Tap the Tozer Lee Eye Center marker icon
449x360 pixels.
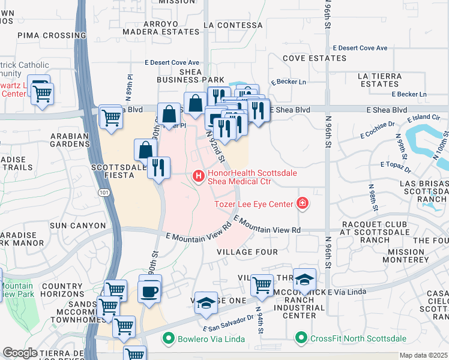tap(303, 204)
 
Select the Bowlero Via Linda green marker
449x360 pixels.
tap(170, 338)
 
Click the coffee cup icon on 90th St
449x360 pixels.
tap(149, 292)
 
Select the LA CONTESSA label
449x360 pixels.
tap(233, 25)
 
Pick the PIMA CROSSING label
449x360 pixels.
tap(44, 35)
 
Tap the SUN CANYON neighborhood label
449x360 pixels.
tap(74, 225)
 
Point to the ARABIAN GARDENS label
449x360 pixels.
tap(70, 140)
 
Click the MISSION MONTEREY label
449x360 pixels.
tap(406, 256)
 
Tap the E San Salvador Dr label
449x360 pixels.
tap(229, 325)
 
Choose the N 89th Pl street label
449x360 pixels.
tap(130, 88)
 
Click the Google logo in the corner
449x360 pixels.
tap(20, 353)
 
